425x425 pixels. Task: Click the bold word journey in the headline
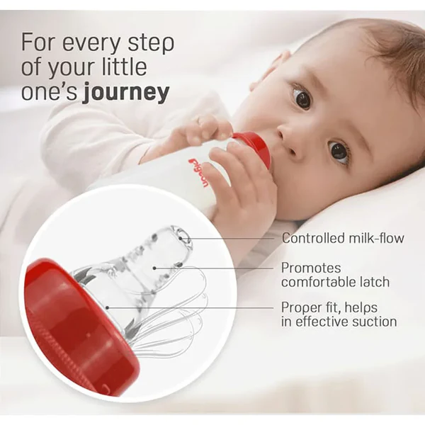126,93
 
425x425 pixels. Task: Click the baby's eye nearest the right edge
339,150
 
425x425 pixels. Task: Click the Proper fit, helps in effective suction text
339,314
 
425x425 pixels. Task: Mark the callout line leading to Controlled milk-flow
234,239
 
